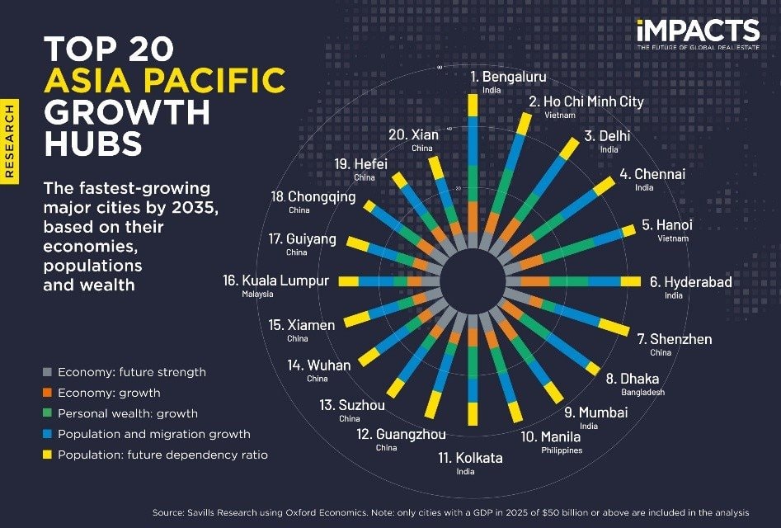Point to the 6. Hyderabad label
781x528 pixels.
pos(690,282)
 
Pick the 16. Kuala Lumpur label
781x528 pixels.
pos(275,280)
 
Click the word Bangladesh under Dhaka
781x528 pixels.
pos(643,393)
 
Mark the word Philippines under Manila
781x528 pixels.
pos(562,450)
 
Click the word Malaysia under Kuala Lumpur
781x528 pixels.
pos(258,294)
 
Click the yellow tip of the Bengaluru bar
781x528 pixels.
pos(473,105)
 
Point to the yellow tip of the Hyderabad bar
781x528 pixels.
pos(631,281)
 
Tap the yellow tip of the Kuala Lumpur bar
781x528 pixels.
pos(349,281)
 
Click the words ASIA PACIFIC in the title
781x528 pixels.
pos(166,81)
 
